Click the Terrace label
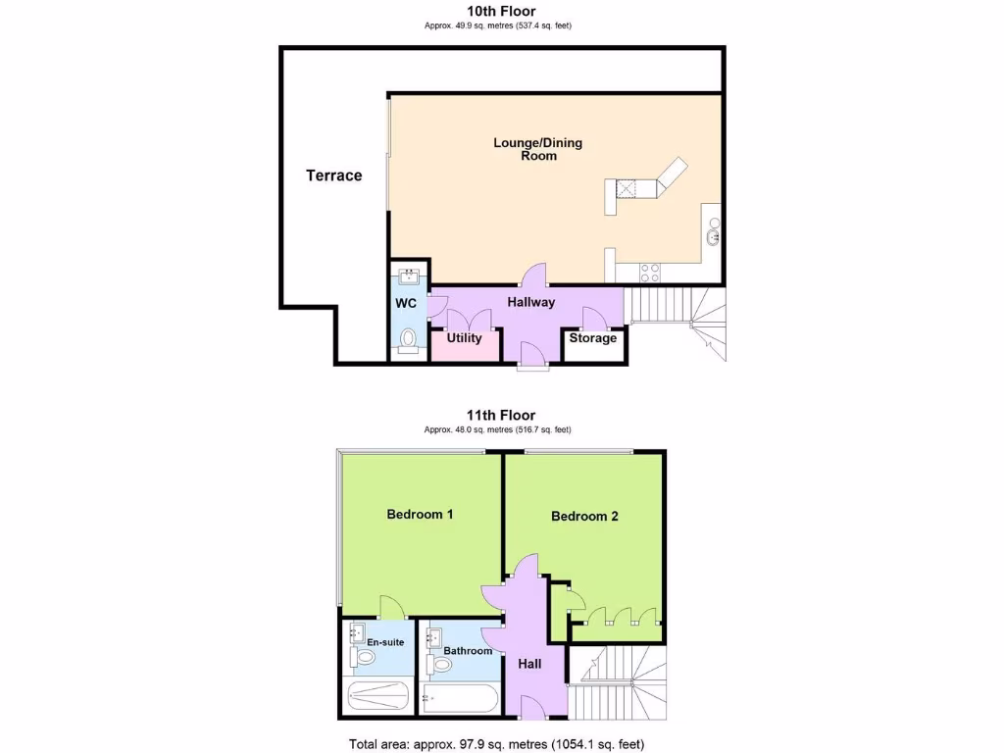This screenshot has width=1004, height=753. pos(334,176)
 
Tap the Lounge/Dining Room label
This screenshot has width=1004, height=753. pos(537,149)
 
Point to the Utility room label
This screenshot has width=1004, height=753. pos(464,338)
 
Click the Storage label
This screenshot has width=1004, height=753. pos(593,338)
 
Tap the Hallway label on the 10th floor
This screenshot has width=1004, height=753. pos(530,303)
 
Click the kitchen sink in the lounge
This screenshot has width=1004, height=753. pos(712,235)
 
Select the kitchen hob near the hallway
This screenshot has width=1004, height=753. pos(649,268)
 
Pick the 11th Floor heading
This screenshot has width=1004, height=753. pos(501,416)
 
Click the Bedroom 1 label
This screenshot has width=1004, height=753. pos(420,514)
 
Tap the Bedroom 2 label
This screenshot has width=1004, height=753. pos(584,516)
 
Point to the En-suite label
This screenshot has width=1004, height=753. pos(386,642)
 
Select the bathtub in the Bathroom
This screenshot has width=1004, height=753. pos(458,699)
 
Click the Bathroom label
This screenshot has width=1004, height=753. pos(468,650)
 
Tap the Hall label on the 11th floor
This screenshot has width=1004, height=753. pos(529,664)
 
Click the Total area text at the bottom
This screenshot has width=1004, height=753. pos(496,743)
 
